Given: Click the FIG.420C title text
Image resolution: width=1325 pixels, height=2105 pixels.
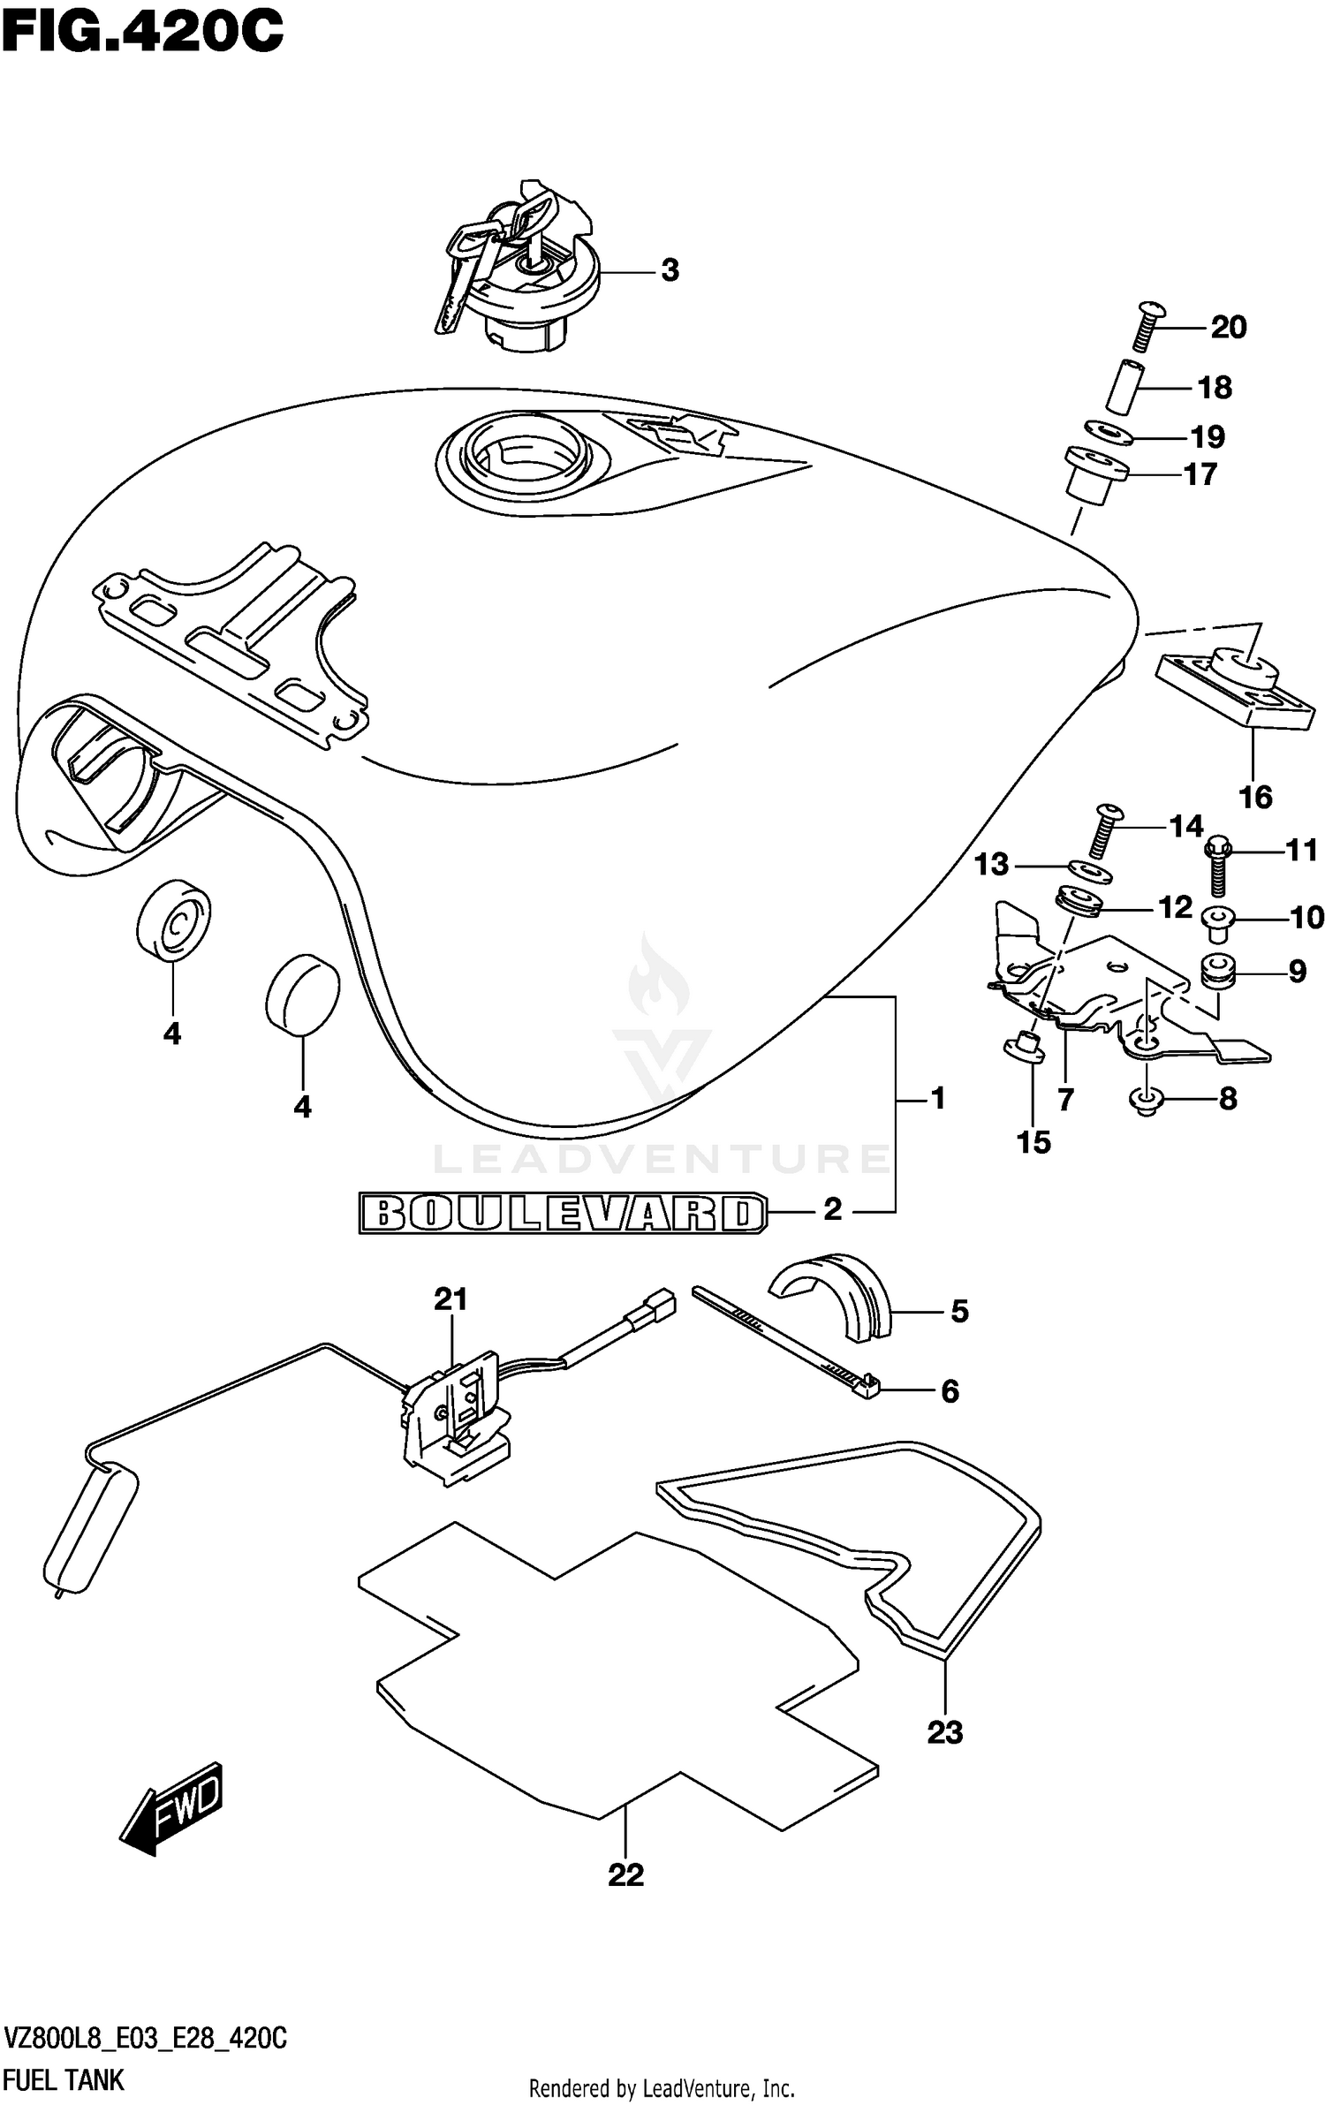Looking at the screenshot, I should [141, 33].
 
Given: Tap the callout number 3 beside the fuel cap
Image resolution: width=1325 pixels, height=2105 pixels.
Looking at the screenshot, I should [670, 270].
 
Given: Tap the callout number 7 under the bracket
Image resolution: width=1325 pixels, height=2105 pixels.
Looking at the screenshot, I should [1064, 1100].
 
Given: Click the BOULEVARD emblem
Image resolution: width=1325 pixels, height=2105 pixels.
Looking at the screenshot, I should [562, 1214].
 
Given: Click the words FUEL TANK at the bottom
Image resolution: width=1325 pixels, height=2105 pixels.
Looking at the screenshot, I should [64, 2080].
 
